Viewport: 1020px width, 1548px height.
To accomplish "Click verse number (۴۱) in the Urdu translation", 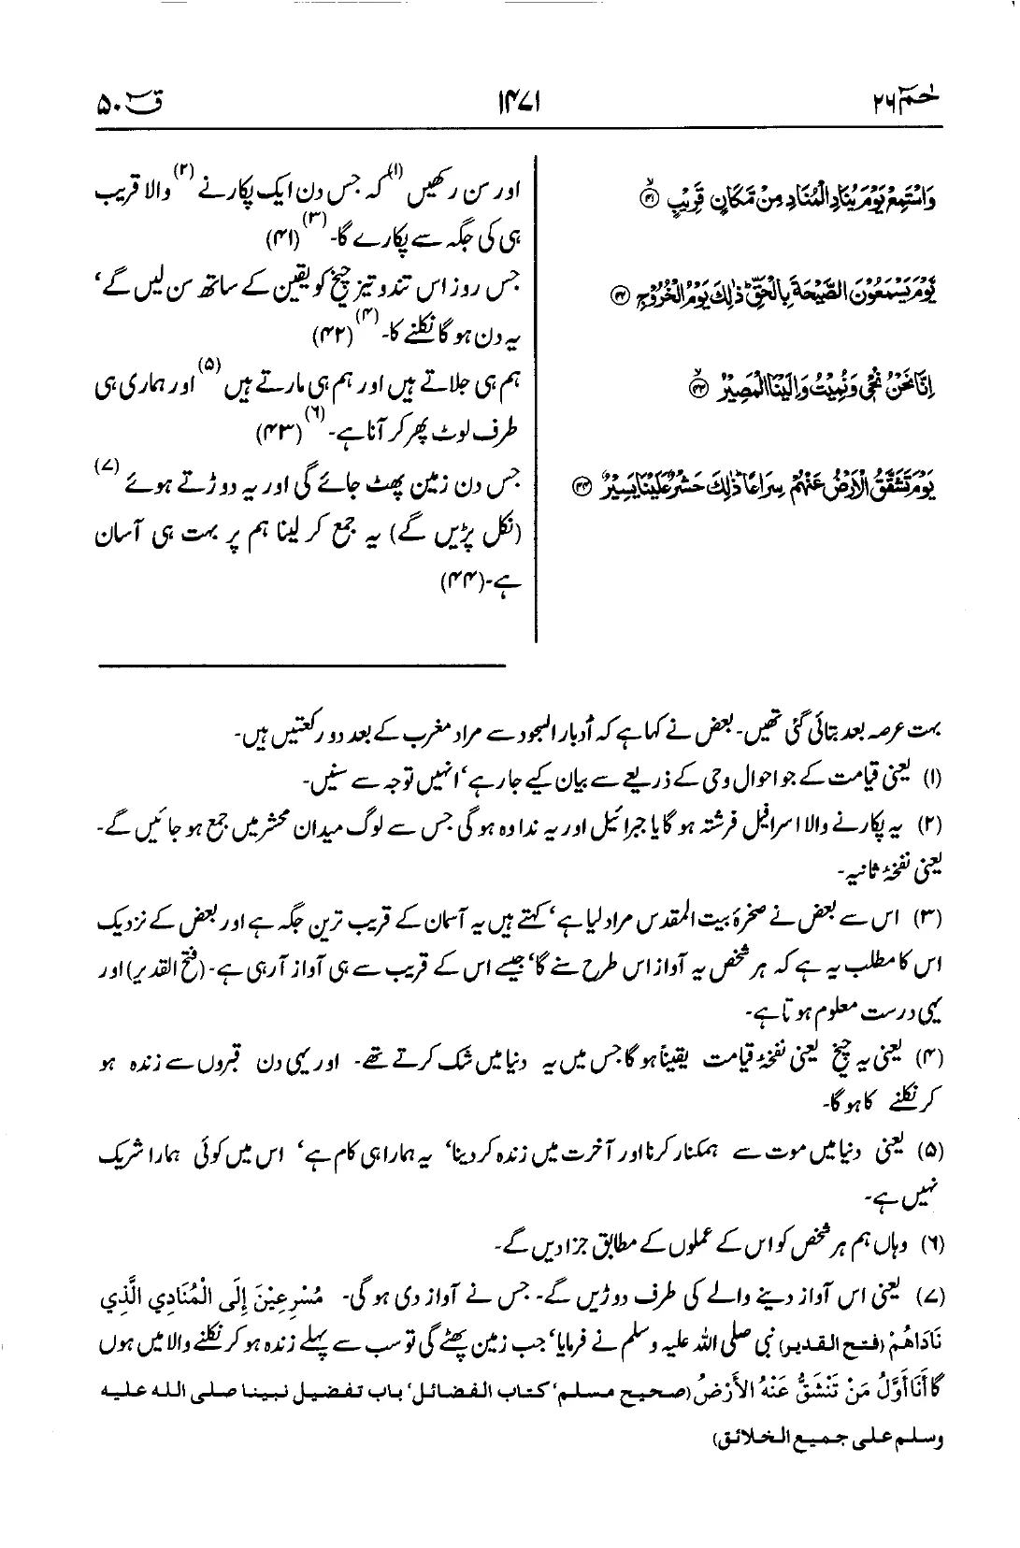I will click(x=279, y=234).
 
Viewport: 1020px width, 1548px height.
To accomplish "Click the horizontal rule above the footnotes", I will click(x=301, y=666).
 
